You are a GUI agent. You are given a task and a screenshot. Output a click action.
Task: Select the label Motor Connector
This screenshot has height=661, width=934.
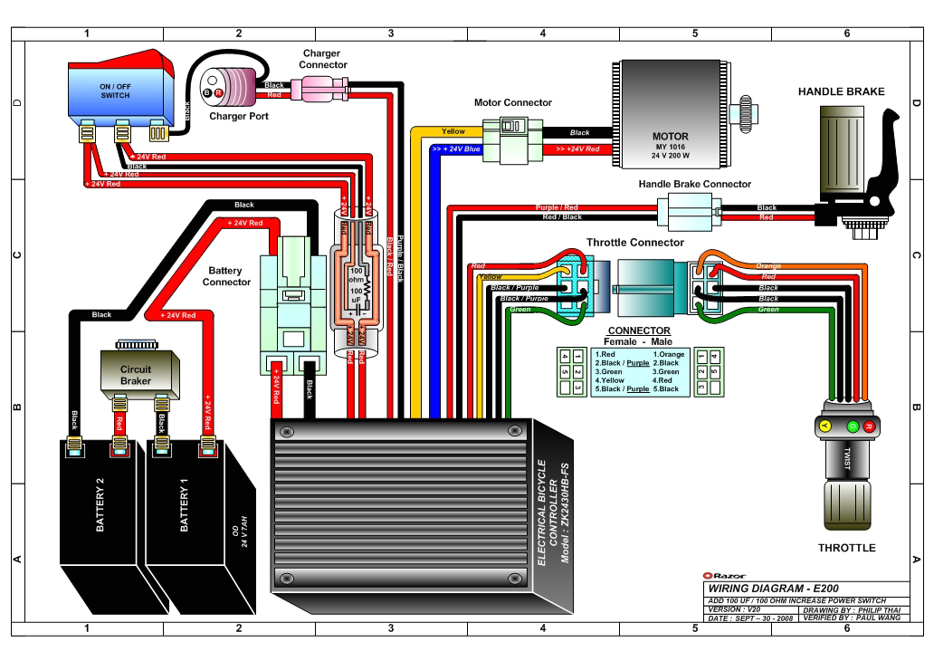pyautogui.click(x=513, y=102)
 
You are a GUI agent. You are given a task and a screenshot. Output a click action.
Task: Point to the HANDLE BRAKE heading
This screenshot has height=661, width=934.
pyautogui.click(x=841, y=91)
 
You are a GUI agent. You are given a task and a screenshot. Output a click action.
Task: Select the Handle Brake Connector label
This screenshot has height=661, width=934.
pyautogui.click(x=694, y=184)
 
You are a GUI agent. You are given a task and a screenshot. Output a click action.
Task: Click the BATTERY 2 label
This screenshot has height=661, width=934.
pyautogui.click(x=100, y=511)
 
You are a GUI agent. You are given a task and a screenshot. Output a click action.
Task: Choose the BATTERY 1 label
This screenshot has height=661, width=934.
pyautogui.click(x=184, y=511)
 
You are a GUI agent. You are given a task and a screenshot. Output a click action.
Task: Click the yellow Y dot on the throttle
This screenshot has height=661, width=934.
pyautogui.click(x=824, y=425)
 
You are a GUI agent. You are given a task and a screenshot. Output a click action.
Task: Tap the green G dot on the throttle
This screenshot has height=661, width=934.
pyautogui.click(x=851, y=425)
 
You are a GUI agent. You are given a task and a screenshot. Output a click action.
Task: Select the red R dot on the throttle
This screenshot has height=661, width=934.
pyautogui.click(x=869, y=425)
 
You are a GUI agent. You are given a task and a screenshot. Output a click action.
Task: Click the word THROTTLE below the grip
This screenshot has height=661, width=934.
pyautogui.click(x=846, y=548)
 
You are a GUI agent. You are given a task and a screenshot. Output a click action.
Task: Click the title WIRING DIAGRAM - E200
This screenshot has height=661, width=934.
pyautogui.click(x=763, y=588)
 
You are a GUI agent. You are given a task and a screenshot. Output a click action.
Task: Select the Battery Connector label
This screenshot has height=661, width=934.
pyautogui.click(x=226, y=275)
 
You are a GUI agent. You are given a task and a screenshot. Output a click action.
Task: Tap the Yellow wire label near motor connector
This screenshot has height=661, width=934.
pyautogui.click(x=453, y=132)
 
